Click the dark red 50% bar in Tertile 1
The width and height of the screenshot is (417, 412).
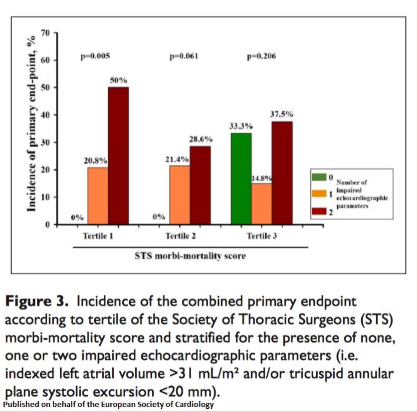click(x=118, y=156)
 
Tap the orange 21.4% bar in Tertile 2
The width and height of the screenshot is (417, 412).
click(x=179, y=195)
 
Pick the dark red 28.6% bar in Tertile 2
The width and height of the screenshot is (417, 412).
click(x=200, y=185)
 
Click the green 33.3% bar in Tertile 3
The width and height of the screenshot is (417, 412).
click(x=241, y=179)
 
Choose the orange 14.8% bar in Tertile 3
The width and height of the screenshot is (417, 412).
click(x=261, y=204)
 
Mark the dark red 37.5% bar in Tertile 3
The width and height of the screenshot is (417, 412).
click(x=282, y=173)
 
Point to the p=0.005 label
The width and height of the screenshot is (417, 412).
click(x=95, y=56)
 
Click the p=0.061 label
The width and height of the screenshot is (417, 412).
click(x=183, y=56)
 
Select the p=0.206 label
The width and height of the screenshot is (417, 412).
click(x=261, y=56)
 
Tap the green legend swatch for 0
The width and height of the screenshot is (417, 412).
click(x=320, y=177)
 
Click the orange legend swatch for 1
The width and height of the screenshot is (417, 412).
click(x=320, y=193)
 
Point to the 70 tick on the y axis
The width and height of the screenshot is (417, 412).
click(x=46, y=33)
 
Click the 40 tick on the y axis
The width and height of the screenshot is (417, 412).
click(x=46, y=115)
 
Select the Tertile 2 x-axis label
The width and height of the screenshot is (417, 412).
click(x=181, y=236)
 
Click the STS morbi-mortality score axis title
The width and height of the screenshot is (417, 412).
click(x=190, y=256)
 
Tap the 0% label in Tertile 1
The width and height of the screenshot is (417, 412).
click(x=77, y=218)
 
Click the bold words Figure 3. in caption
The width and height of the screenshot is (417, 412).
click(x=37, y=301)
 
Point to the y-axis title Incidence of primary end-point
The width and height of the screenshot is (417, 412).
click(x=32, y=124)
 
